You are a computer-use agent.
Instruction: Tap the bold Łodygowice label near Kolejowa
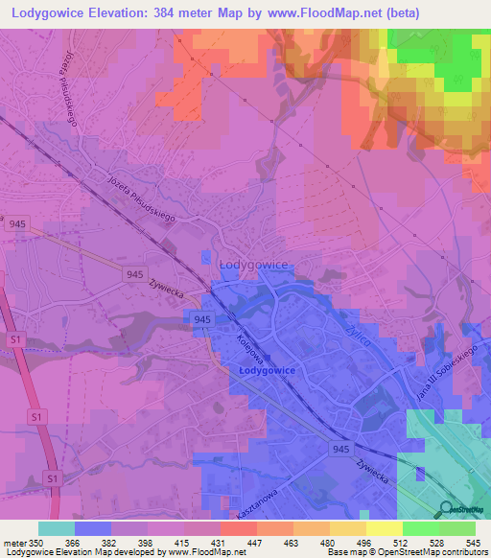coord(266,369)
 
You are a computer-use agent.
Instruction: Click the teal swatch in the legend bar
coord(57,528)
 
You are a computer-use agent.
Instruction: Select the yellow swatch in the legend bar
coord(383,528)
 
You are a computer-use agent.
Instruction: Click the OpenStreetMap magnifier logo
coord(446,510)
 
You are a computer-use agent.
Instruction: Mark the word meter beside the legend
coord(14,542)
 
